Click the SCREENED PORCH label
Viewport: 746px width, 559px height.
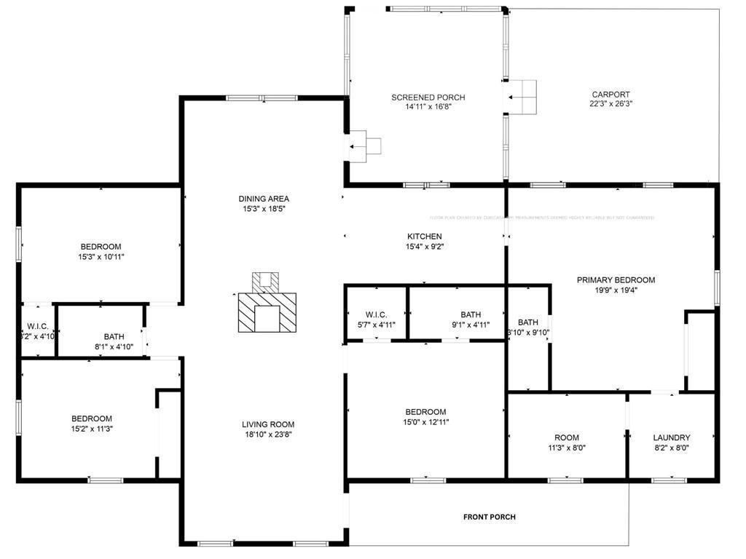click(428, 98)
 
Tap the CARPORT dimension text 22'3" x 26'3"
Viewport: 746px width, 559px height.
click(610, 104)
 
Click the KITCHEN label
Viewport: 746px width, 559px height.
click(424, 237)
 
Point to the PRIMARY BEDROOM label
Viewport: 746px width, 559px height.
click(616, 279)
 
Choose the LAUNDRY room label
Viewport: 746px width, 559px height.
click(671, 437)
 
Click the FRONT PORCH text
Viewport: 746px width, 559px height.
click(489, 517)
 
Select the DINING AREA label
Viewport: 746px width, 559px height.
click(264, 199)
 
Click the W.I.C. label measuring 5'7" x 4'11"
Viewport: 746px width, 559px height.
click(376, 314)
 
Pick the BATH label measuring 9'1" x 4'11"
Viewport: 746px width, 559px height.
click(471, 314)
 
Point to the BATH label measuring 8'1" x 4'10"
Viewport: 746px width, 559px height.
click(114, 336)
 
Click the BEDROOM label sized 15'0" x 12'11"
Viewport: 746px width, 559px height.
click(425, 412)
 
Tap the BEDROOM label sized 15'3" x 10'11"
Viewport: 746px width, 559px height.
click(101, 247)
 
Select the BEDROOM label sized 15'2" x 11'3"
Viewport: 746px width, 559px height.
click(92, 419)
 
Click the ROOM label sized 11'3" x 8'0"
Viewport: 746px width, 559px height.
click(566, 437)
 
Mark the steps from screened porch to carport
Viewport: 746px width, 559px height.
click(522, 96)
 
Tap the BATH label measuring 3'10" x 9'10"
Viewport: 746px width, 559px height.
click(528, 322)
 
